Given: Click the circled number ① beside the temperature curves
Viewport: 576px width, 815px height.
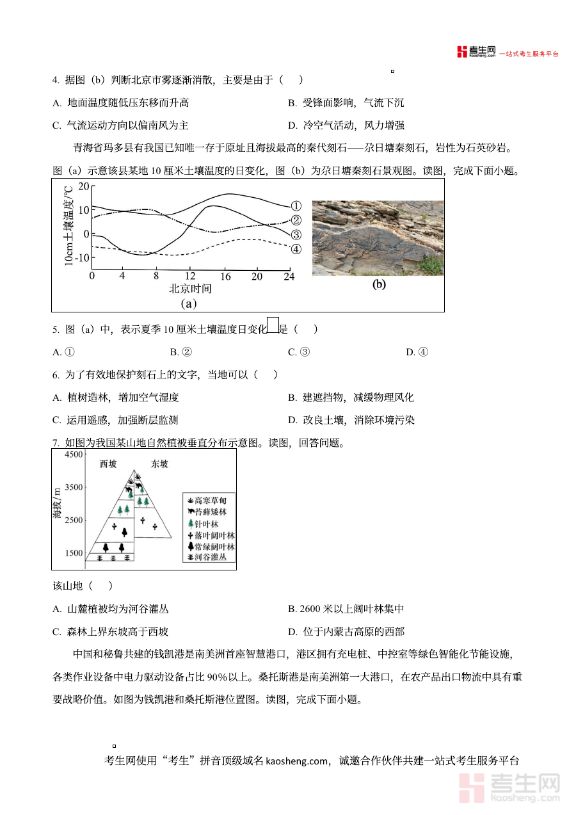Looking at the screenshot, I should (296, 206).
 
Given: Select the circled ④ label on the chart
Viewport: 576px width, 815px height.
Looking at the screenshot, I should (296, 249).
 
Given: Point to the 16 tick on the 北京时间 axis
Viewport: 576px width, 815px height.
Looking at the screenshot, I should (225, 277).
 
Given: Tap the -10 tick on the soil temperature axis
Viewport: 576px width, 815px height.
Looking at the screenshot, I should (80, 257).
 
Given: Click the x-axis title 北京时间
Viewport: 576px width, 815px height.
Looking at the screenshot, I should (190, 289).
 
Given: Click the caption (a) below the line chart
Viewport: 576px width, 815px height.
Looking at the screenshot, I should (189, 303).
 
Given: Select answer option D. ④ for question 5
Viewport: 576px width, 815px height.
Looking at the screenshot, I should (417, 351).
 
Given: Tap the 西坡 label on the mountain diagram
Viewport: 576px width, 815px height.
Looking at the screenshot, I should (108, 464).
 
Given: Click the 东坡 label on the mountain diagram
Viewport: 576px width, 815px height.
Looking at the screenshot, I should (159, 464).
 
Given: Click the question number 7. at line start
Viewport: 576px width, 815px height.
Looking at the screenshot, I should (56, 443).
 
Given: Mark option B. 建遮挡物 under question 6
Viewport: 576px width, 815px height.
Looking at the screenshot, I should (351, 398).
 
